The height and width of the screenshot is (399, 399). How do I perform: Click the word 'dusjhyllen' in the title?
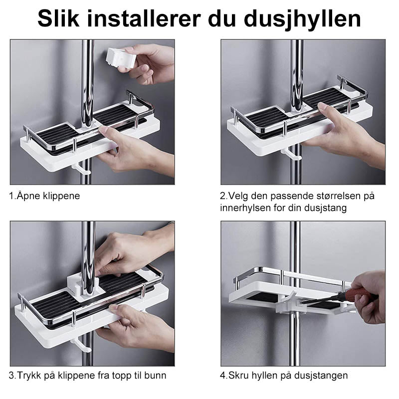pos(302,19)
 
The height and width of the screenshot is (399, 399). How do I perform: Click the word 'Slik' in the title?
pos(58,18)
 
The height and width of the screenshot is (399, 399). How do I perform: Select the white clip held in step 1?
pos(120,58)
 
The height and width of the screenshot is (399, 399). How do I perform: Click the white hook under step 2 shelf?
pos(291,155)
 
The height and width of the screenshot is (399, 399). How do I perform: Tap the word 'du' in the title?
pos(222,18)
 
